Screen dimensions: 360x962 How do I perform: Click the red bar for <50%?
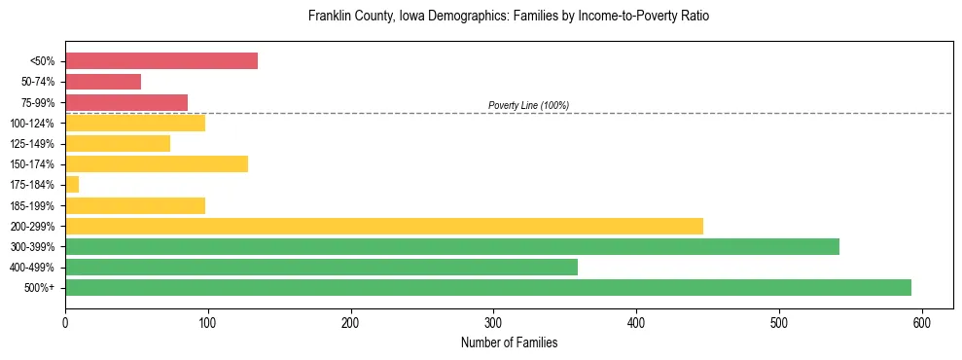click(x=161, y=61)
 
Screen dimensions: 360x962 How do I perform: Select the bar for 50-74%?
click(x=103, y=82)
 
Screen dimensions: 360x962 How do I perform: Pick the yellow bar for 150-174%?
click(x=157, y=164)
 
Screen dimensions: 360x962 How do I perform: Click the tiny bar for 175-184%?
click(x=72, y=185)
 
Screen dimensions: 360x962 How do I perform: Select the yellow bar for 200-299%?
click(x=384, y=226)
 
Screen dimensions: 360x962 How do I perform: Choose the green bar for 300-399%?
click(x=452, y=246)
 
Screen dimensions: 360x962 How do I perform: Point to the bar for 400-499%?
click(x=321, y=267)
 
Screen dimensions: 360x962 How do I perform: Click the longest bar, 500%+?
click(x=488, y=287)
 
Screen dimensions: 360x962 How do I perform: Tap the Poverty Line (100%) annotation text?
click(x=528, y=105)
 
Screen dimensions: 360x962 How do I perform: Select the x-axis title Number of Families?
click(x=509, y=342)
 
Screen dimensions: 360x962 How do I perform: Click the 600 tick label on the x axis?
click(x=921, y=323)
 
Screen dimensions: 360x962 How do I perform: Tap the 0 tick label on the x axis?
click(x=65, y=323)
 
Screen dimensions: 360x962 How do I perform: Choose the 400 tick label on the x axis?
click(x=636, y=323)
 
